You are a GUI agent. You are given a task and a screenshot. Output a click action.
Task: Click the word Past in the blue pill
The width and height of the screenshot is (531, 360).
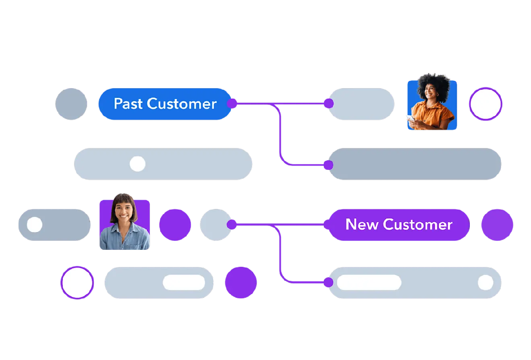click(x=128, y=104)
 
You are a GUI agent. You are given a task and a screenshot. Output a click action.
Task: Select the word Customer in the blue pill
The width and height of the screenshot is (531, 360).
click(x=182, y=104)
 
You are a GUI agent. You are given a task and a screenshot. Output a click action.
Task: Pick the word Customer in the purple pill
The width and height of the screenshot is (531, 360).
click(x=418, y=224)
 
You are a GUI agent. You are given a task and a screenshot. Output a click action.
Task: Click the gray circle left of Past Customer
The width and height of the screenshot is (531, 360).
click(x=71, y=104)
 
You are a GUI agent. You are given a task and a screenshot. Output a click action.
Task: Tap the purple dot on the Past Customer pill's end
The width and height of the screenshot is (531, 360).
click(x=232, y=104)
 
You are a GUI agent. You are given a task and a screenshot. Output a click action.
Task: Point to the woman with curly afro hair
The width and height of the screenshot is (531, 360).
click(x=432, y=95)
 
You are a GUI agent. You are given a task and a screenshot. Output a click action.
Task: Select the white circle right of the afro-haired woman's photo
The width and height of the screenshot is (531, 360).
click(x=486, y=104)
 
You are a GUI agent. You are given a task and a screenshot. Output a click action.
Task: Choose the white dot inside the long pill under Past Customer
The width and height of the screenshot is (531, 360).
click(x=138, y=164)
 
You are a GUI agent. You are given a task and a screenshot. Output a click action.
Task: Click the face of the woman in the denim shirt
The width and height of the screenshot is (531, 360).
click(x=124, y=210)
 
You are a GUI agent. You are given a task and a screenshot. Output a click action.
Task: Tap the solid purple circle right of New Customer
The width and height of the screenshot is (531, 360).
click(x=497, y=224)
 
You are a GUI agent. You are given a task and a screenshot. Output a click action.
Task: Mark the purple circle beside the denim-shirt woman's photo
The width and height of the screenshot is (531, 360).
click(x=175, y=224)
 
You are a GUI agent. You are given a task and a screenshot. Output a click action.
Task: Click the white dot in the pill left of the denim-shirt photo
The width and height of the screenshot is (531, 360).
click(x=35, y=224)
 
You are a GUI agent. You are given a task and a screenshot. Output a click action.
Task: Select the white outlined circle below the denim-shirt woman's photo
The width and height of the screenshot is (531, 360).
click(x=77, y=282)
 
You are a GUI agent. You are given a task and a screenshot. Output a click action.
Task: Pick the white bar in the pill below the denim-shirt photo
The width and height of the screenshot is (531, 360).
click(x=184, y=282)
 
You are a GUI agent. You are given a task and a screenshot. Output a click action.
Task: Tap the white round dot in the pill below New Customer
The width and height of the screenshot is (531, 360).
click(x=486, y=283)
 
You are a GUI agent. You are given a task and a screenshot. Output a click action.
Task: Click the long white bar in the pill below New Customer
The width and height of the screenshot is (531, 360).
click(x=369, y=283)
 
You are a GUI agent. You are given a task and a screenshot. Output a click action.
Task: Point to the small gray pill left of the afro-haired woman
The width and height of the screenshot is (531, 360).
click(x=361, y=104)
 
